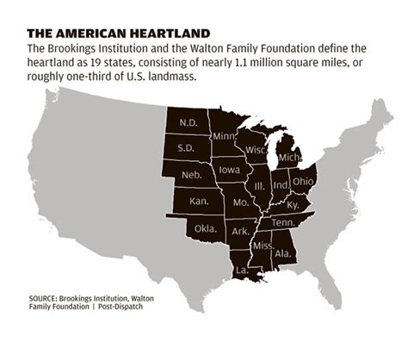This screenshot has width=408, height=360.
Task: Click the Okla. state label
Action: [x=206, y=227]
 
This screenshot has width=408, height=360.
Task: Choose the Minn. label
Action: [x=226, y=136]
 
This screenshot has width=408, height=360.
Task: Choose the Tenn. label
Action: [x=287, y=222]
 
